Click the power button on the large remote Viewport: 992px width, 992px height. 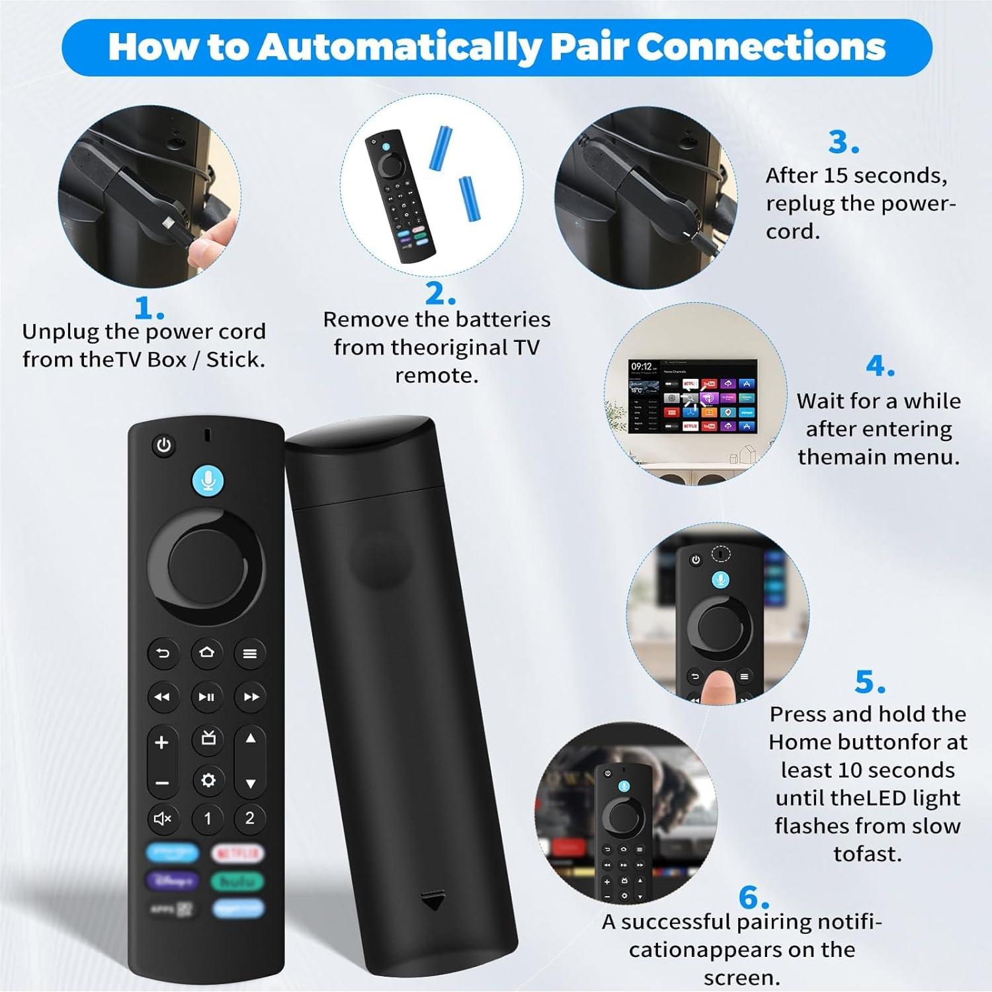point(163,446)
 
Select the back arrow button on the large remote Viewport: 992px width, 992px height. point(163,653)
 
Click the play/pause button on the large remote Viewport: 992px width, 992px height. point(206,696)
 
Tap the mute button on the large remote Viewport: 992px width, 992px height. point(163,819)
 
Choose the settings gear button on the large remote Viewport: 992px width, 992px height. point(208,780)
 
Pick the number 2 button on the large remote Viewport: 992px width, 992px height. point(250,818)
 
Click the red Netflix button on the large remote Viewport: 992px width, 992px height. point(238,854)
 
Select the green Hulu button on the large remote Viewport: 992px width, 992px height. point(238,882)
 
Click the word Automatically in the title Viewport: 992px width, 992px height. point(400,47)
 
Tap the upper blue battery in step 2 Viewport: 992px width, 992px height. point(441,147)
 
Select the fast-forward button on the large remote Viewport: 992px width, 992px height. point(251,696)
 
